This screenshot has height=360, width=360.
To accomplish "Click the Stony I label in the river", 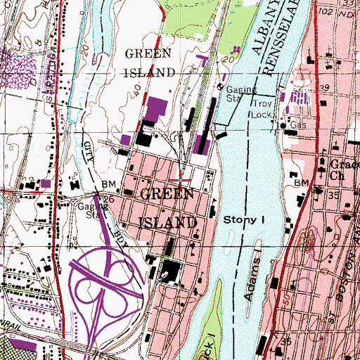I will tap(243, 220).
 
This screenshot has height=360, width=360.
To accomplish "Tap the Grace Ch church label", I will tap(342, 169).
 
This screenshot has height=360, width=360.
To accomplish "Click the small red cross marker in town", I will tap(184, 168).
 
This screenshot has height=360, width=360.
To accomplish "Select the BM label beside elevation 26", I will tap(108, 184).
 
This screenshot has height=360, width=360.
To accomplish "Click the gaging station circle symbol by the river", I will tap(220, 88).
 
